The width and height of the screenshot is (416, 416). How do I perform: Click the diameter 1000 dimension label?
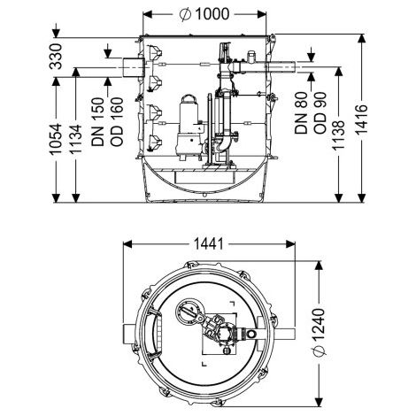(x=204, y=14)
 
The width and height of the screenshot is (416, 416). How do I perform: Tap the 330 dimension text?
(x=56, y=57)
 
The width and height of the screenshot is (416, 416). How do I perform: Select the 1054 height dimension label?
(x=56, y=139)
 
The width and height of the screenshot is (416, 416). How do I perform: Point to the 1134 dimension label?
(x=75, y=139)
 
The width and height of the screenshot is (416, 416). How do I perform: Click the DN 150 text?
(x=98, y=122)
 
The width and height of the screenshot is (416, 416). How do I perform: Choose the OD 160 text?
(x=117, y=122)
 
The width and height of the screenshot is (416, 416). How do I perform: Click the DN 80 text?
(x=301, y=113)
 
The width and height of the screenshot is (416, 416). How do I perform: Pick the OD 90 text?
(x=320, y=113)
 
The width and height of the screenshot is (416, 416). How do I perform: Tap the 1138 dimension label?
(x=339, y=135)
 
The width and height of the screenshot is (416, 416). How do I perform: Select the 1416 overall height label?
(x=361, y=119)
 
